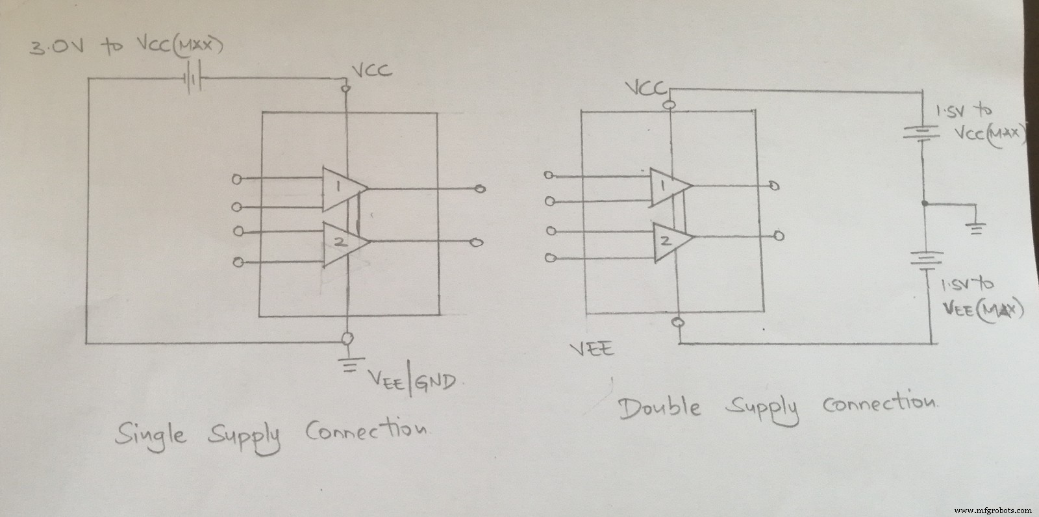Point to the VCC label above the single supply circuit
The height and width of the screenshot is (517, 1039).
coord(371,70)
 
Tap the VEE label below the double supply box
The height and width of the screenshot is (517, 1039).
coord(591,349)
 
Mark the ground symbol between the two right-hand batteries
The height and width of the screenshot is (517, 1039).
coord(976,229)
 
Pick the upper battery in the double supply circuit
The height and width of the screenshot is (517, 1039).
coord(923,133)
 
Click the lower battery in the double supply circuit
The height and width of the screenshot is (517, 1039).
coord(929,260)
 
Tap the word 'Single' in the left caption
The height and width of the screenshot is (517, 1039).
coord(149,434)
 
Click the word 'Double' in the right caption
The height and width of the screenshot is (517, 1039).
coord(660,408)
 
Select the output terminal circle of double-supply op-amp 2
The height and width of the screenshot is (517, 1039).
coord(780,236)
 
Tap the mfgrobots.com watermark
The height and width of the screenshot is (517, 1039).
coord(994,509)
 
